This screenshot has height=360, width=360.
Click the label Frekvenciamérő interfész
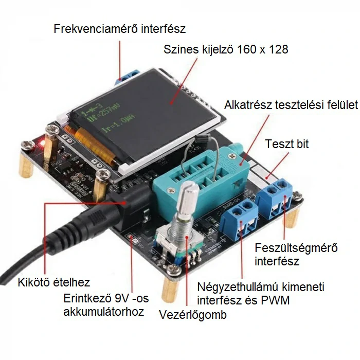click(119, 28)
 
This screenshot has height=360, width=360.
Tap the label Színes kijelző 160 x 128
click(226, 50)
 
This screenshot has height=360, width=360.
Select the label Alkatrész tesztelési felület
click(291, 105)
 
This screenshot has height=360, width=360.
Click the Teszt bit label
click(287, 144)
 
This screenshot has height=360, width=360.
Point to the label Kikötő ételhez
click(54, 282)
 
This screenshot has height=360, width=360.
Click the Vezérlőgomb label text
click(192, 315)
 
